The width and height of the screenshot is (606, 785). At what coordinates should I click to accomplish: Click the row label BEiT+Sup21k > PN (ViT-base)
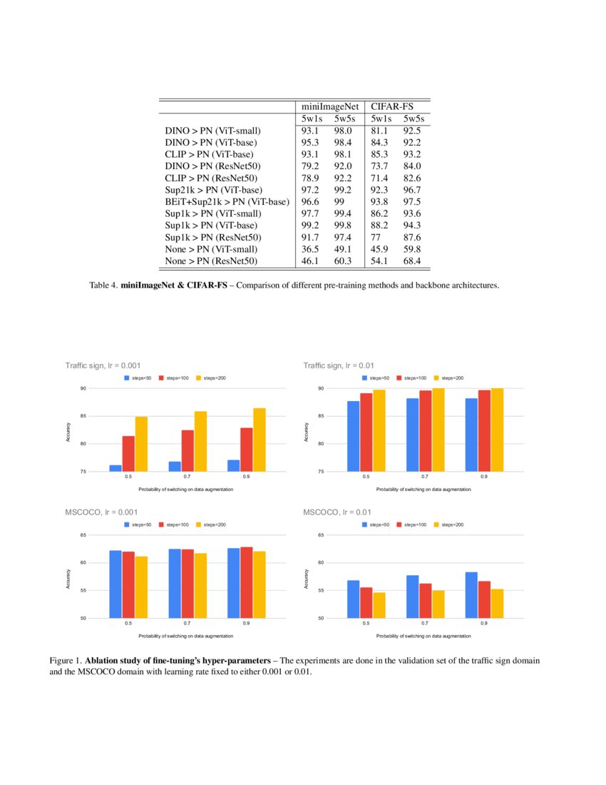coord(227,202)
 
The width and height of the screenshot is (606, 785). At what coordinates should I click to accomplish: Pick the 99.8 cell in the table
coord(344,226)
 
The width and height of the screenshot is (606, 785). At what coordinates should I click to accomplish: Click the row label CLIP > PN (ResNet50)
coord(211,178)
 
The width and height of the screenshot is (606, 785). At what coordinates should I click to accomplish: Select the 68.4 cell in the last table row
coord(412,261)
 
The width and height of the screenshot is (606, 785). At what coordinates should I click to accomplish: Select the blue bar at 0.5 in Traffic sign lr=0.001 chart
coord(115,468)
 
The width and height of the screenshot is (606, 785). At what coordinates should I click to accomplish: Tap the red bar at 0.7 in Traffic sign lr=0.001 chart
coord(188,450)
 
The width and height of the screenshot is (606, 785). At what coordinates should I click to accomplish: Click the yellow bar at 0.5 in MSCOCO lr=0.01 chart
coord(379,605)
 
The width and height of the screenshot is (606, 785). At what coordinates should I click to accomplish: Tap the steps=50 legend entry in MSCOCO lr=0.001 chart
coord(139,525)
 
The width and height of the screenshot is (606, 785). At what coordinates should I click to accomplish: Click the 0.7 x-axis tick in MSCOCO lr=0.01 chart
coord(425,624)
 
